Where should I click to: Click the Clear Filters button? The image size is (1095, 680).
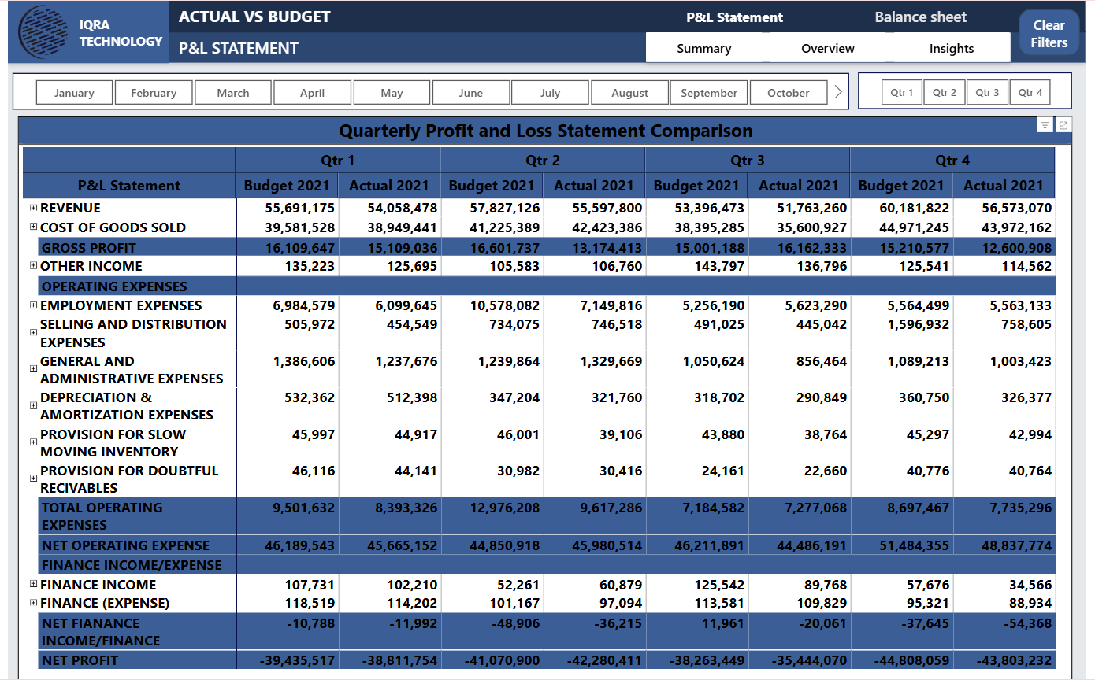pos(1049,34)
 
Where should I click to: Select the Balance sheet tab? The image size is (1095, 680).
pos(920,17)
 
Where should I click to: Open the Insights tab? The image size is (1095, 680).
pos(951,49)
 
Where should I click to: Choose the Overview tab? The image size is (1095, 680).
pos(827,49)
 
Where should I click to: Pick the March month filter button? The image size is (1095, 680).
pos(233,93)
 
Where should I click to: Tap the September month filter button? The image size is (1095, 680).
pos(708,93)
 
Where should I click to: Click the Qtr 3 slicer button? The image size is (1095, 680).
pos(987,93)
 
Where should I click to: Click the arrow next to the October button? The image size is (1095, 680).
pos(838,93)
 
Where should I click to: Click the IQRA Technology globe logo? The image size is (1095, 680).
pos(43,33)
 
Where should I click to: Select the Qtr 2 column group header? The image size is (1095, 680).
pos(542,161)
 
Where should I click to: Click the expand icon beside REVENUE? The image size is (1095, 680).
pos(33,208)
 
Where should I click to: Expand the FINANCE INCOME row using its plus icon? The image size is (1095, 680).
pos(33,584)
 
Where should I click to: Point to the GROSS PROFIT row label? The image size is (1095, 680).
pos(78,248)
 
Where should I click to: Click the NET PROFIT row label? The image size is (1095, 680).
pos(80,660)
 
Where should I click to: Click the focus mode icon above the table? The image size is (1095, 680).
pos(1063,125)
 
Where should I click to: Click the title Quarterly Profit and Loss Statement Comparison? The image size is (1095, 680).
pos(545,131)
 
